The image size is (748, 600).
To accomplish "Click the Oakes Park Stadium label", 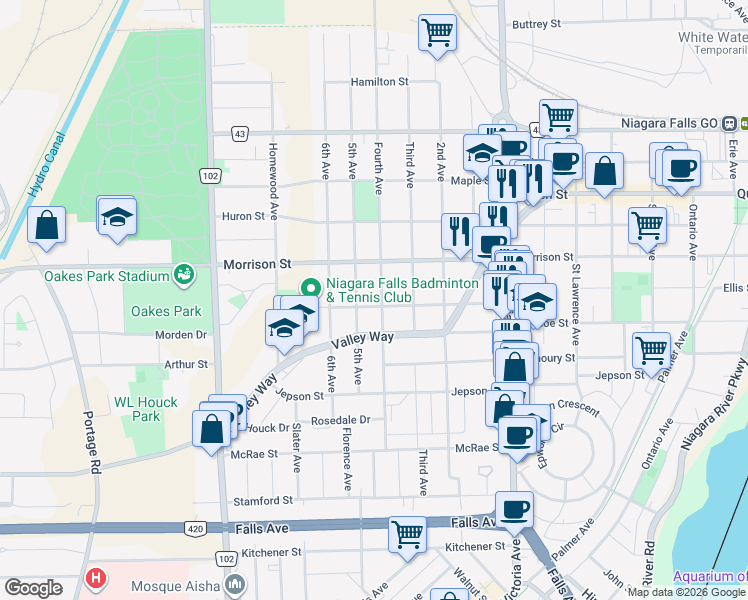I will pyautogui.click(x=105, y=276).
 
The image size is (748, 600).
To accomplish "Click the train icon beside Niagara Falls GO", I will pyautogui.click(x=731, y=123).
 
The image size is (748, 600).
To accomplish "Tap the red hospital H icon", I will pyautogui.click(x=95, y=578).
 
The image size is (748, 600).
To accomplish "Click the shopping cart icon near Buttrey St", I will pyautogui.click(x=437, y=33).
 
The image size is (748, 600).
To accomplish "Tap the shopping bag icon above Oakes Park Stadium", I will pyautogui.click(x=47, y=224).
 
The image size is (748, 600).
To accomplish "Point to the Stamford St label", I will pyautogui.click(x=262, y=499).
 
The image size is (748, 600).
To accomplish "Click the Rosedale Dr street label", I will pyautogui.click(x=340, y=420).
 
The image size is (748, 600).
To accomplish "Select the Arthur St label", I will pyautogui.click(x=186, y=365).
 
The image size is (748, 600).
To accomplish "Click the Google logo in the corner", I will pyautogui.click(x=32, y=588).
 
